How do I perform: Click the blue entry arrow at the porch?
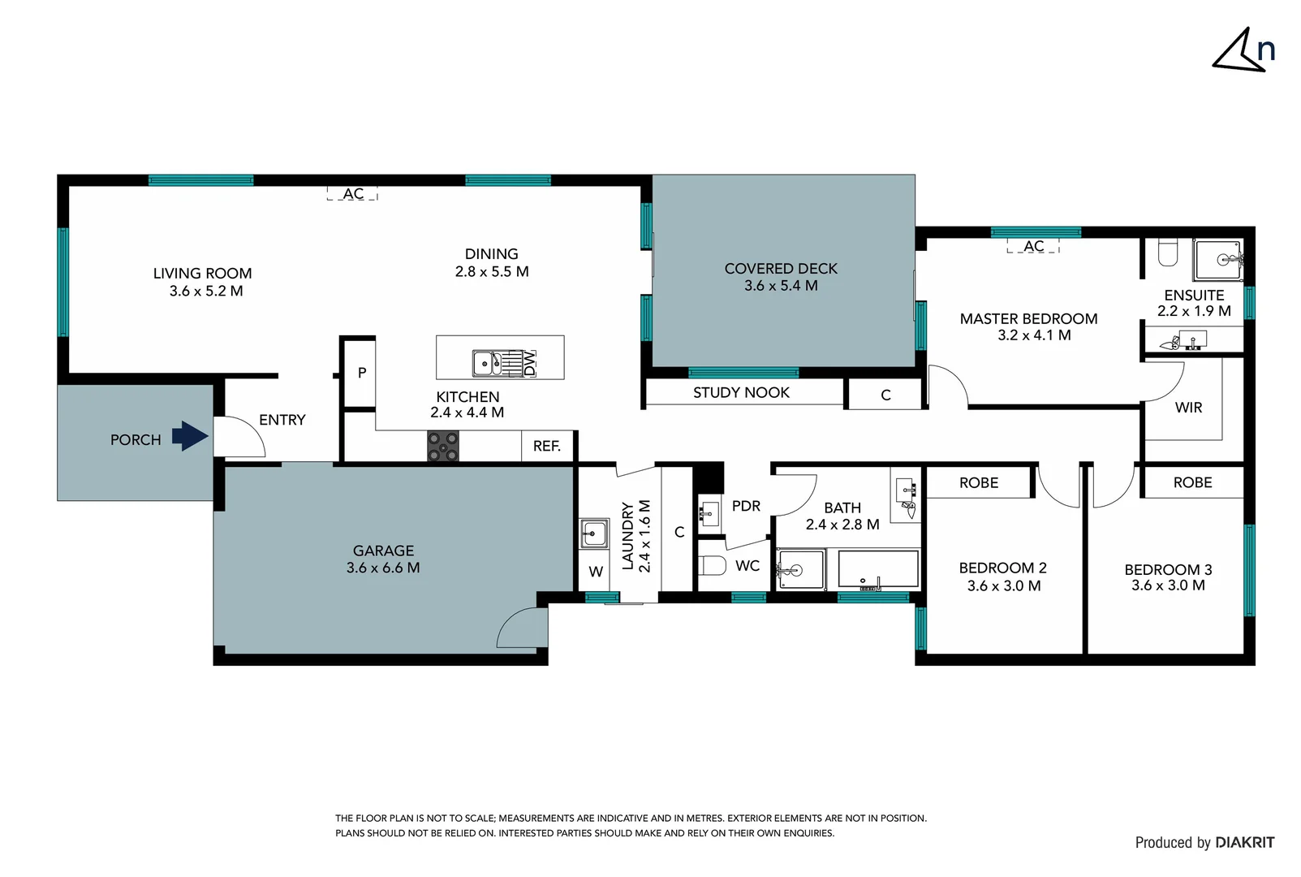tap(191, 436)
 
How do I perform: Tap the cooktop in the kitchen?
tap(443, 447)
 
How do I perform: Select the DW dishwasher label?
tap(530, 363)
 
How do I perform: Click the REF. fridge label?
tap(547, 446)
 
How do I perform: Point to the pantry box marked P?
tap(361, 373)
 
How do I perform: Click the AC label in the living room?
tap(353, 194)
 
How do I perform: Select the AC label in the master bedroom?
tap(1033, 246)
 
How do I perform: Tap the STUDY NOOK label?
tap(741, 393)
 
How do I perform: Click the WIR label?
tap(1188, 408)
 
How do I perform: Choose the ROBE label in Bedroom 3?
tap(1192, 482)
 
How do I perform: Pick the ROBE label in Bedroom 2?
tap(979, 482)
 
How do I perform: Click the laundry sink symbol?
tap(593, 534)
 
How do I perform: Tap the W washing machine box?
tap(596, 572)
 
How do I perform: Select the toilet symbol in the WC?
tap(712, 565)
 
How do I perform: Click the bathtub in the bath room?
tap(877, 568)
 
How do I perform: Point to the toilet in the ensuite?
tap(1167, 253)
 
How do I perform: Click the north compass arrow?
tap(1239, 53)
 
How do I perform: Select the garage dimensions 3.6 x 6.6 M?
tap(383, 568)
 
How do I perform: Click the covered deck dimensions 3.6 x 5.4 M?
tap(781, 286)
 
